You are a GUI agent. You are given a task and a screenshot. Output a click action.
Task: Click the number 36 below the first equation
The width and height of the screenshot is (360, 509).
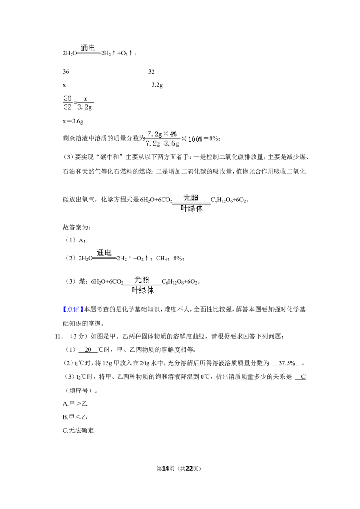[66, 72]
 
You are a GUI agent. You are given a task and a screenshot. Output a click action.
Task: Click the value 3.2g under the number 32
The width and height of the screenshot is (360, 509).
[157, 85]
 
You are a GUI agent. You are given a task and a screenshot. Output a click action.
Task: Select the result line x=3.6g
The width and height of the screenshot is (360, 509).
[73, 121]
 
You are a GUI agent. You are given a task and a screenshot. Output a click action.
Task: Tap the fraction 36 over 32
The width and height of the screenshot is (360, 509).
[67, 103]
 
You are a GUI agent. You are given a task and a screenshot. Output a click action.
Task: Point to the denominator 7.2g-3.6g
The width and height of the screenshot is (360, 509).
[162, 143]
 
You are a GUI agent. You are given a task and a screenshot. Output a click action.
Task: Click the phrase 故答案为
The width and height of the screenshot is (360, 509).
[76, 227]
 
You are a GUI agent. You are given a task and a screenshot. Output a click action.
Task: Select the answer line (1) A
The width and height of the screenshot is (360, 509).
[76, 240]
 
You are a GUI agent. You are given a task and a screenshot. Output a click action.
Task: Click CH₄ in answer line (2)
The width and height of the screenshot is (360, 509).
[162, 259]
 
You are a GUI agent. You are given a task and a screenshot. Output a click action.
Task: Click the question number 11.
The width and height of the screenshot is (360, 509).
[58, 336]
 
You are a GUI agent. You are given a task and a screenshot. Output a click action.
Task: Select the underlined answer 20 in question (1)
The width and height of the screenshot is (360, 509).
[88, 350]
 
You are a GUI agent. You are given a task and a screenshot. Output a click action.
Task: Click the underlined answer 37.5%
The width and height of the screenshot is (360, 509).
[287, 363]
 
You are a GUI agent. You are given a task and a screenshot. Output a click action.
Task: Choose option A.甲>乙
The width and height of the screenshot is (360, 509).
[75, 403]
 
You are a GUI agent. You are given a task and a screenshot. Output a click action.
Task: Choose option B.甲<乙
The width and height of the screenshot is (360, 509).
[75, 417]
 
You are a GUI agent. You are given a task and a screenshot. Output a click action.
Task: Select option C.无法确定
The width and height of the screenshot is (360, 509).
[78, 430]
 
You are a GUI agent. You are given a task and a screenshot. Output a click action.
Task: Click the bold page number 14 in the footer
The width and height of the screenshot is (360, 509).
[166, 469]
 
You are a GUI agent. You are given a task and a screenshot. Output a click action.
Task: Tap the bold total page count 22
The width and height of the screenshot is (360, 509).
[189, 469]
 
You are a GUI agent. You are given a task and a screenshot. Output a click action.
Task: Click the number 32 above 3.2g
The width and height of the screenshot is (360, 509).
[151, 72]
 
